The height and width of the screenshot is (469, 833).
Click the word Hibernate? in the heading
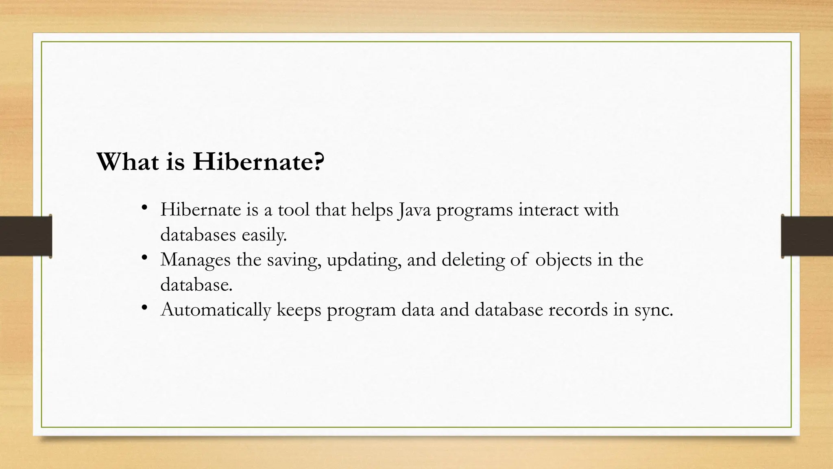pos(259,162)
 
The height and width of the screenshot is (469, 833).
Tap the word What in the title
pos(128,162)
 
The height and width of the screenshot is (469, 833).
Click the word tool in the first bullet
pos(294,210)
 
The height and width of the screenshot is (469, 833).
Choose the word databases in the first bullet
pos(198,235)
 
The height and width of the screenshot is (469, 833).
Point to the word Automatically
pos(216,310)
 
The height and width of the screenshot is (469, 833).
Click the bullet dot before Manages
pos(144,257)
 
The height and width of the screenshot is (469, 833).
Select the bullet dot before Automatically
pos(144,307)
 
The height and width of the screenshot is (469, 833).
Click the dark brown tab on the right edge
pos(807,236)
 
